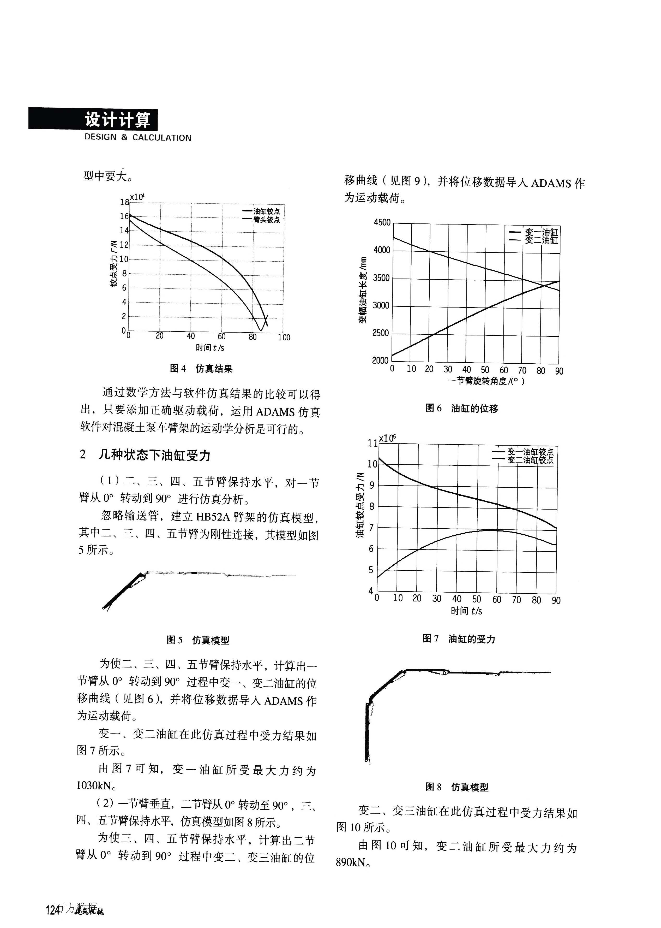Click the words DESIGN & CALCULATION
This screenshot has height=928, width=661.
(137, 138)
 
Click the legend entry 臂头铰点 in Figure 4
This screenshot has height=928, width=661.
(267, 220)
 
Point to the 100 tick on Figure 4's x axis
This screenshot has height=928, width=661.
(284, 337)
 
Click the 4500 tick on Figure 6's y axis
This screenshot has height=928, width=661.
(382, 222)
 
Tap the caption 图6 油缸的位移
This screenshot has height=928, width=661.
(461, 408)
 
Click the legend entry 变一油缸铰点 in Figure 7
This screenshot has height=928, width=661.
(530, 452)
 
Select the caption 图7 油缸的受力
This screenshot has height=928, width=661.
(459, 639)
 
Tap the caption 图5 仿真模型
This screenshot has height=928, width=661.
(198, 640)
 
